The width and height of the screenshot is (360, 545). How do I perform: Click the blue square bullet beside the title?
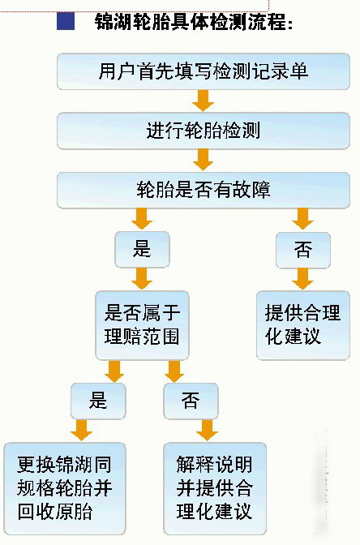[66, 22]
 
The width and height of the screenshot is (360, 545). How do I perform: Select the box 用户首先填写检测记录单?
[204, 71]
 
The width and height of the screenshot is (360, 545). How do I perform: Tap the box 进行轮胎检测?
[204, 131]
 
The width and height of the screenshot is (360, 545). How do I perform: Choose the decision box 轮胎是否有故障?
[204, 190]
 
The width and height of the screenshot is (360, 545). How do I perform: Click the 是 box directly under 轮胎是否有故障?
[142, 250]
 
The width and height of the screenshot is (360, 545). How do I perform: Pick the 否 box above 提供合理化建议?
[303, 250]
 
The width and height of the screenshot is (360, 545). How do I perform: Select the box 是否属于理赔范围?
[142, 325]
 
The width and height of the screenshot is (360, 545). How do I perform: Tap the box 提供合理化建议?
[303, 325]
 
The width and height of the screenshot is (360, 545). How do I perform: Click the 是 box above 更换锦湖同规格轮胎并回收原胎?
[98, 401]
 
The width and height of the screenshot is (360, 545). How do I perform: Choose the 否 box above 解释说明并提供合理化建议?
[191, 401]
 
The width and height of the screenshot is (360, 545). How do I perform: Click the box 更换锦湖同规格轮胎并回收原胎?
[65, 488]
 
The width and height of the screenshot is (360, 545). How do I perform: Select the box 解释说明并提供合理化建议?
[215, 488]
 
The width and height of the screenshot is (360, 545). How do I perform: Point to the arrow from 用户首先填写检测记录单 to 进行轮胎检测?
[203, 101]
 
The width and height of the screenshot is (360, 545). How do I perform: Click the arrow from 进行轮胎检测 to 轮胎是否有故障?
[203, 160]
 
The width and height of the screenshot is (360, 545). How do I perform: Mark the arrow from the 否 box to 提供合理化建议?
[302, 279]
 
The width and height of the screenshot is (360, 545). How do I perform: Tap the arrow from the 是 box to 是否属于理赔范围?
[142, 279]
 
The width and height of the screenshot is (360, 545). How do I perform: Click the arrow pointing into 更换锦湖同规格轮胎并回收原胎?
[81, 431]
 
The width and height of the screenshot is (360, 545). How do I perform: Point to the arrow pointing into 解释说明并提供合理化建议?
[207, 431]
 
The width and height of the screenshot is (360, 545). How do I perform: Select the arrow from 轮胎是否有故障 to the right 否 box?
[302, 219]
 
